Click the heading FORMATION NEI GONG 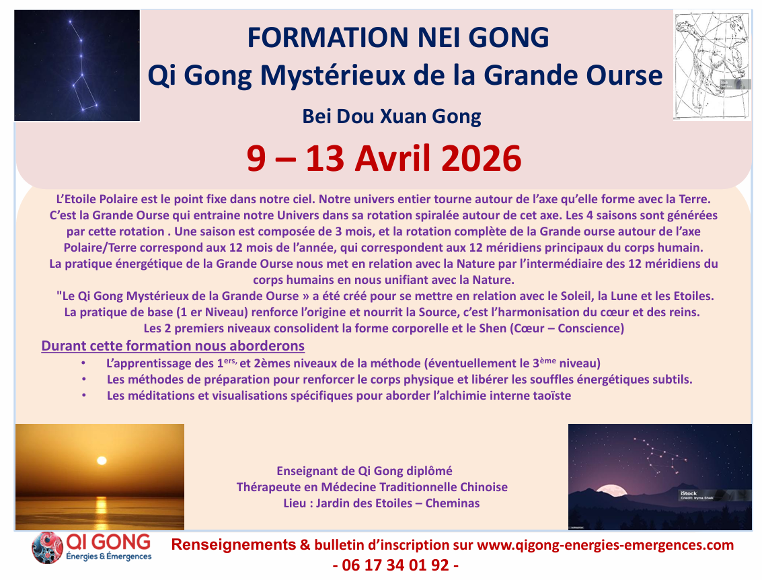click(398, 38)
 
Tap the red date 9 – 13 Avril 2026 click(384, 159)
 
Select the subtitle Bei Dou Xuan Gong click(391, 116)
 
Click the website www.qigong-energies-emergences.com click(605, 545)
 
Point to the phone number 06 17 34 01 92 click(395, 565)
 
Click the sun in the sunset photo click(102, 460)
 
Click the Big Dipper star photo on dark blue click(77, 66)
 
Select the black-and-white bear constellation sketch click(712, 66)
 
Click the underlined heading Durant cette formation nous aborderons click(173, 346)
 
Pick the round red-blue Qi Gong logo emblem click(47, 548)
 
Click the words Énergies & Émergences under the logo click(109, 556)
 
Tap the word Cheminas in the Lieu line click(453, 503)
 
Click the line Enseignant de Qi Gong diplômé click(365, 470)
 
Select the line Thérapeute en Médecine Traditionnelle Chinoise click(372, 487)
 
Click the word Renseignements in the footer click(234, 545)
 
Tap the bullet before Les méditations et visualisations click(84, 395)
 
